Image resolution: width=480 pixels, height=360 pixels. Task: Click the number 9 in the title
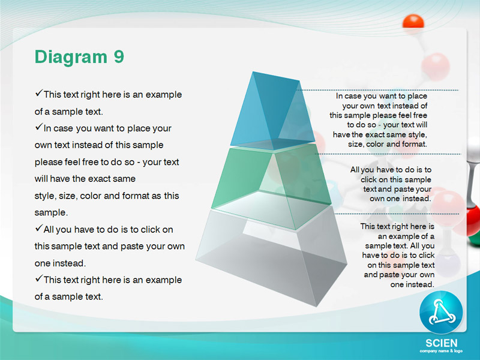tap(119, 56)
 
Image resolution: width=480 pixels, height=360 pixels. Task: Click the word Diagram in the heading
tap(71, 58)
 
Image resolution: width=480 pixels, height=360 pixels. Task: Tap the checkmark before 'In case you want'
tap(38, 126)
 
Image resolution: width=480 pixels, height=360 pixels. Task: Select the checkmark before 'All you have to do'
tap(38, 227)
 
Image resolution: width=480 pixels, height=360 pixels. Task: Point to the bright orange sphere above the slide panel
tap(413, 22)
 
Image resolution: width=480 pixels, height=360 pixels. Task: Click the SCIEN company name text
tap(441, 343)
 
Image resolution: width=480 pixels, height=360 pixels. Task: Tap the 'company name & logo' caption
tap(441, 351)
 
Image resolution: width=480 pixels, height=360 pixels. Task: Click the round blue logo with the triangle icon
tap(441, 312)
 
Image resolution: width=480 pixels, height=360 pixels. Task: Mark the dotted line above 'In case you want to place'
tap(379, 90)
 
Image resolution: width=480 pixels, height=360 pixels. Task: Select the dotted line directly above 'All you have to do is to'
tap(388, 154)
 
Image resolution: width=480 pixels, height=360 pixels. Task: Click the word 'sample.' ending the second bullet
tap(51, 212)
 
